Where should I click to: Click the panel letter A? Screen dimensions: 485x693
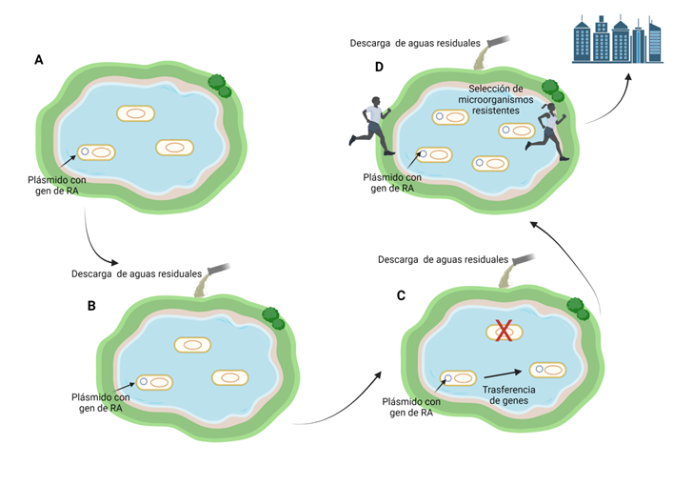point(39,60)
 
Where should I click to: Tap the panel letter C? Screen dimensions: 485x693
point(401,295)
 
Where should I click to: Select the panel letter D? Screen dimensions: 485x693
point(379,68)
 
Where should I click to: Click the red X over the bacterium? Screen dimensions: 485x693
point(505,331)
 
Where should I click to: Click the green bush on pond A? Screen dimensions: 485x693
point(220,86)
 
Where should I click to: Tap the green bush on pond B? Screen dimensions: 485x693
point(273,316)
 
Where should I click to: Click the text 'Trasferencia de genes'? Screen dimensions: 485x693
point(509,395)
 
